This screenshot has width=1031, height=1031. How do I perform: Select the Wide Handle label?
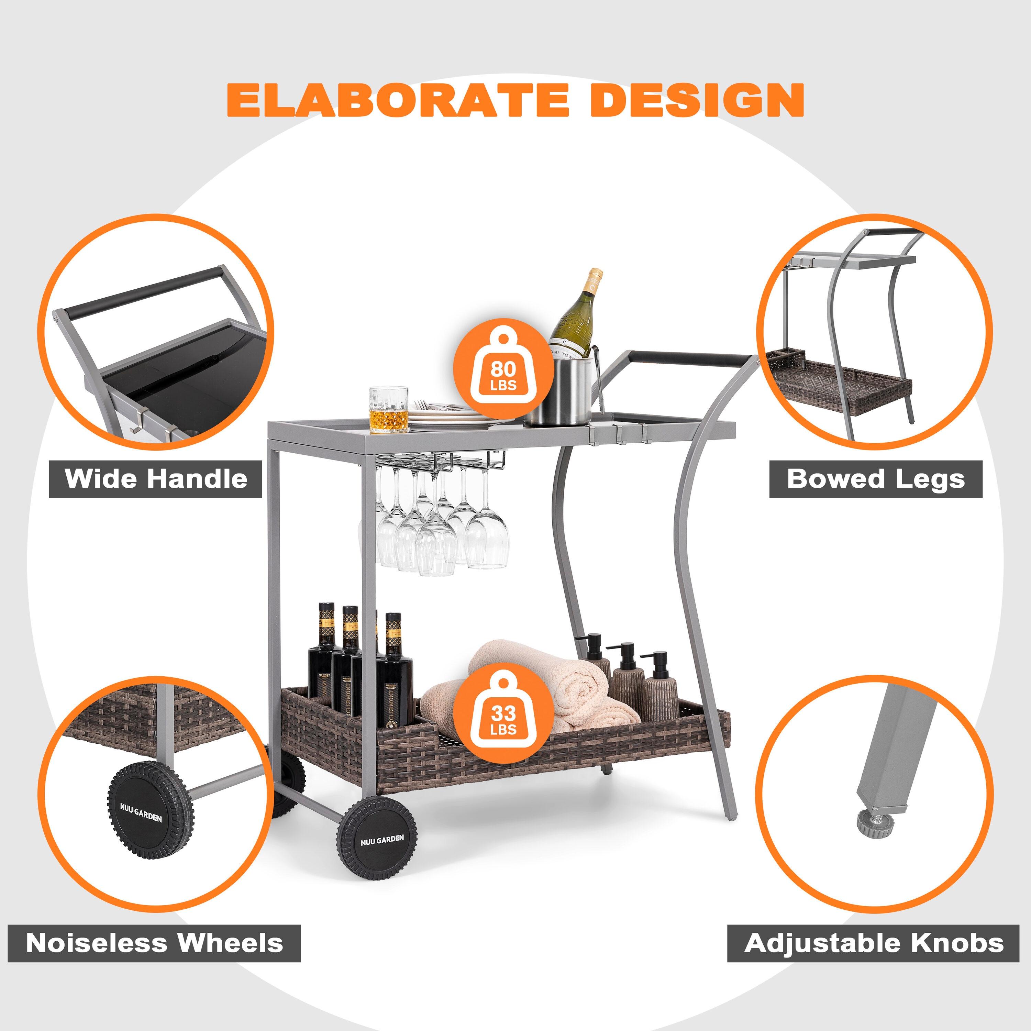(156, 479)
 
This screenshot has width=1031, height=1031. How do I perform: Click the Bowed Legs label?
(876, 479)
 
